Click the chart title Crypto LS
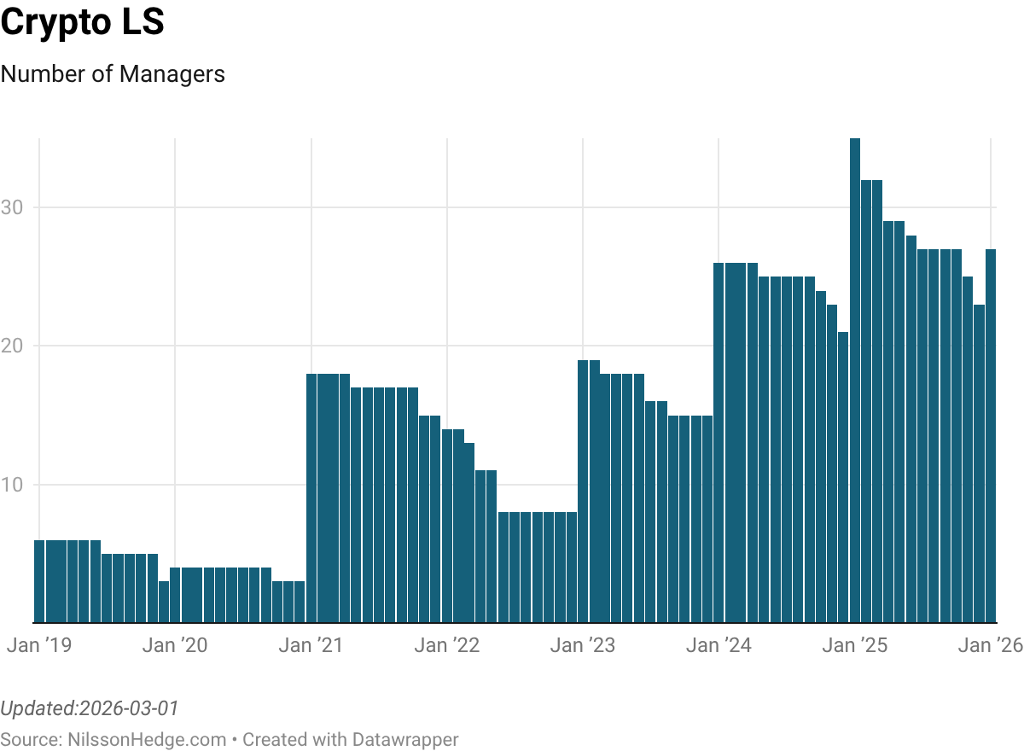point(82,23)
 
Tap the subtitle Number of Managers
point(113,74)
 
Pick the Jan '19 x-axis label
point(39,645)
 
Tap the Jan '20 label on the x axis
point(175,645)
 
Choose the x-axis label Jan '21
point(311,645)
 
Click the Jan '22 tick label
point(447,645)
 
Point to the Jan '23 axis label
point(583,645)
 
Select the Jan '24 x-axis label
point(719,645)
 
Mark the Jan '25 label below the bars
point(855,645)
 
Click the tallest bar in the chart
point(855,380)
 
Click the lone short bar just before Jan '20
point(164,602)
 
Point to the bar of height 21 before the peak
point(843,477)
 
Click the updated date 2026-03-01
point(128,708)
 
